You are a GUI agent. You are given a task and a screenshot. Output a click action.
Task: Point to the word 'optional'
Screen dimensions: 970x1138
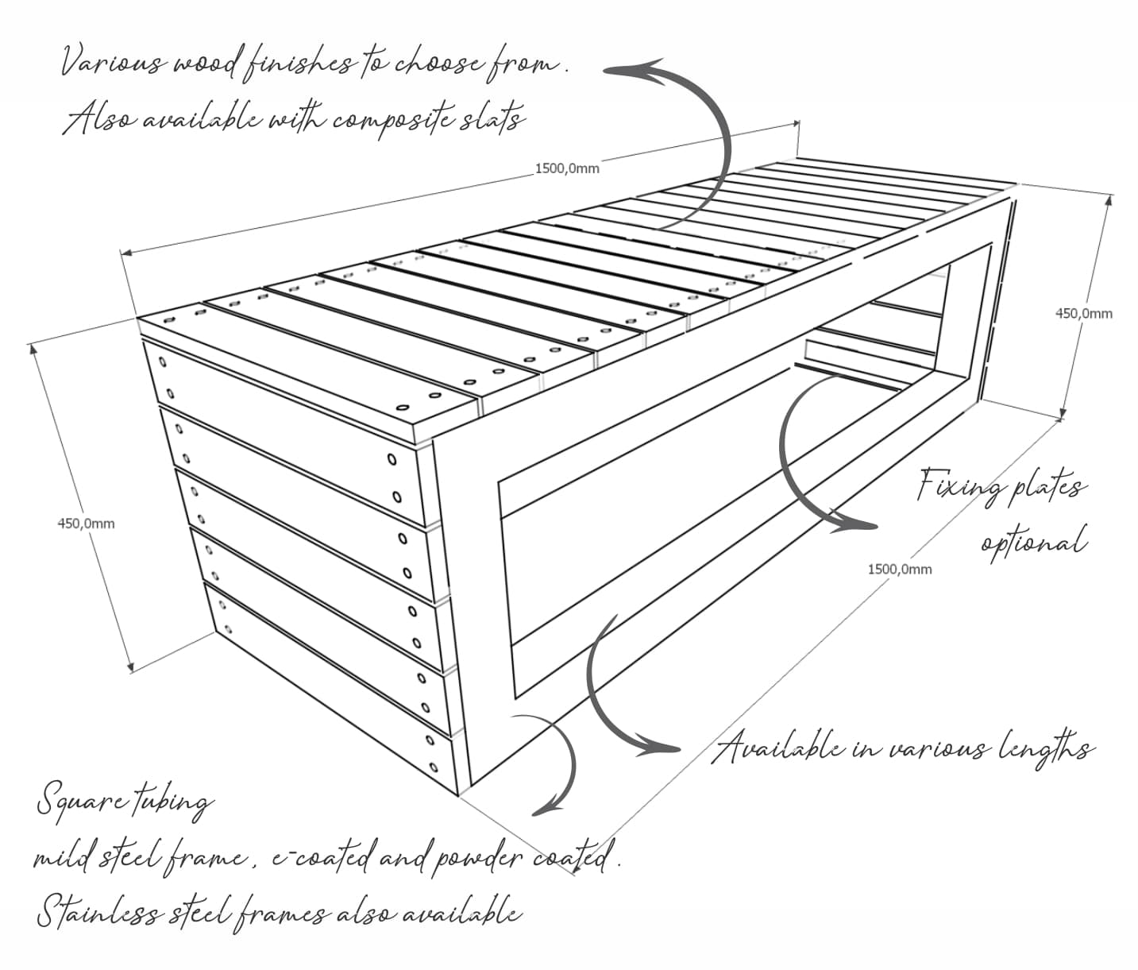1032,543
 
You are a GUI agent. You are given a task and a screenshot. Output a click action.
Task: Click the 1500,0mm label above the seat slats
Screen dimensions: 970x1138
567,168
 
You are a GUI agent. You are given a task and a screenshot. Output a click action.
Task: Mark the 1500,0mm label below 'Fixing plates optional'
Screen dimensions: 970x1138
899,569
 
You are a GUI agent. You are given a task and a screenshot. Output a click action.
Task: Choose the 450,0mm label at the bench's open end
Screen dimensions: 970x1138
1083,313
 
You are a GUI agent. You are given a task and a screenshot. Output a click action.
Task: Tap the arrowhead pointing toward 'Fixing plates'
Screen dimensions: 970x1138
862,525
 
